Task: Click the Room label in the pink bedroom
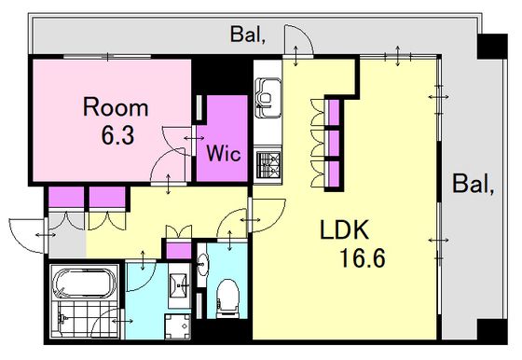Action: (x=116, y=107)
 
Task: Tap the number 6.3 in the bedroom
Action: (x=117, y=135)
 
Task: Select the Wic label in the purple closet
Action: (x=224, y=154)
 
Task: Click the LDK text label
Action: (x=344, y=229)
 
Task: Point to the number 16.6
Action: (x=362, y=258)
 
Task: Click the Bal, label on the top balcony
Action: (x=248, y=35)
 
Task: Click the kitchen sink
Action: (x=268, y=98)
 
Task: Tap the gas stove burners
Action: (x=269, y=165)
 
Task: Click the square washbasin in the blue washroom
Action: (x=179, y=285)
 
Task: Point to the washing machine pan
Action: (x=178, y=326)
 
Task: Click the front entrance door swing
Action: (x=27, y=235)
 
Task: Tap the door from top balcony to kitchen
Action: (x=298, y=39)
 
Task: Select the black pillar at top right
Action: (x=492, y=47)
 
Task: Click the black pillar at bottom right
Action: (x=492, y=331)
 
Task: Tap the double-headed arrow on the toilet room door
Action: (x=229, y=241)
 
